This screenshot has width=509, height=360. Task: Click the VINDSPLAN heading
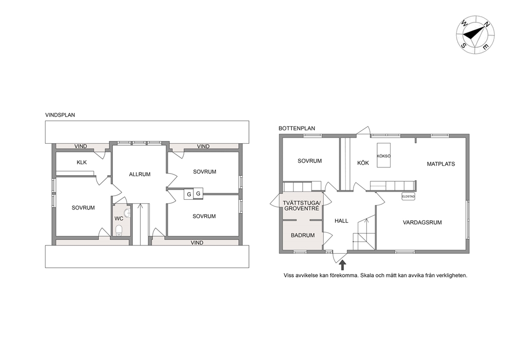pyautogui.click(x=60, y=115)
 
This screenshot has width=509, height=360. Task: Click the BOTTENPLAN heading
pyautogui.click(x=297, y=128)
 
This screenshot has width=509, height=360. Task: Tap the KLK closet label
pyautogui.click(x=82, y=162)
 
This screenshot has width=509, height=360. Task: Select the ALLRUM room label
pyautogui.click(x=140, y=174)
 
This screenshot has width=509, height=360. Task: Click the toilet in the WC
pyautogui.click(x=119, y=230)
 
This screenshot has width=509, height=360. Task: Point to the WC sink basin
pyautogui.click(x=128, y=213)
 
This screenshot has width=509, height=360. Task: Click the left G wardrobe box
pyautogui.click(x=189, y=194)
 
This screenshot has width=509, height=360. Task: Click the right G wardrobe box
pyautogui.click(x=199, y=194)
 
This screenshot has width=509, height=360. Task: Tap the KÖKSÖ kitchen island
pyautogui.click(x=384, y=155)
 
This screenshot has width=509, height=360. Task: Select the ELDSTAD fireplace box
pyautogui.click(x=408, y=197)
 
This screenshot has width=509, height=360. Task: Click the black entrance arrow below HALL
pyautogui.click(x=342, y=265)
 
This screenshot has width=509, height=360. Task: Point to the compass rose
pyautogui.click(x=475, y=34)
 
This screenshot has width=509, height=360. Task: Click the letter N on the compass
pyautogui.click(x=486, y=24)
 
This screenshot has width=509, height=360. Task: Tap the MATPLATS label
pyautogui.click(x=441, y=164)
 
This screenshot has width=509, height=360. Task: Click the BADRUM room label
pyautogui.click(x=303, y=235)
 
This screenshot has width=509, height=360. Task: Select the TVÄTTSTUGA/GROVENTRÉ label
pyautogui.click(x=302, y=205)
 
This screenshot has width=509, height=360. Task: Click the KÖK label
pyautogui.click(x=363, y=163)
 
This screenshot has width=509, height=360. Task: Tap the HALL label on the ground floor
pyautogui.click(x=342, y=221)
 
